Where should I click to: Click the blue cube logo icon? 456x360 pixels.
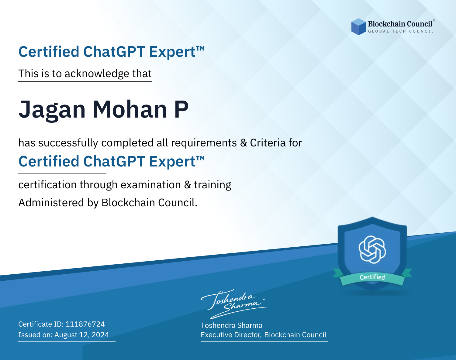[x=358, y=27]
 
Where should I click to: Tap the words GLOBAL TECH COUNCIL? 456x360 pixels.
[x=401, y=31]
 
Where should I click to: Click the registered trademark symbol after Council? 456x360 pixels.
[x=434, y=20]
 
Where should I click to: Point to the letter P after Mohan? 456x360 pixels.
[x=181, y=109]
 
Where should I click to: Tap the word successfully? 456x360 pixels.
[x=68, y=143]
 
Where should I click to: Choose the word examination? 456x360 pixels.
[x=151, y=184]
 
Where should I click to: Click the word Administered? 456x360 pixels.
[x=51, y=202]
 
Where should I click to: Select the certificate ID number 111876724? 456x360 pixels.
[x=85, y=324]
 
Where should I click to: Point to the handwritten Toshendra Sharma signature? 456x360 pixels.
[x=234, y=304]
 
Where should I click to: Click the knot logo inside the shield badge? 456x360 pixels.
[x=372, y=249]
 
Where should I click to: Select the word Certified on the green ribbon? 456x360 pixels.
[x=372, y=277]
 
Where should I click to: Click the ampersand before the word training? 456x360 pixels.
[x=188, y=185]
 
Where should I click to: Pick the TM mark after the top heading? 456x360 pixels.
[x=200, y=49]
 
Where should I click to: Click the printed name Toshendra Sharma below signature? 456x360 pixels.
[x=231, y=325]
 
